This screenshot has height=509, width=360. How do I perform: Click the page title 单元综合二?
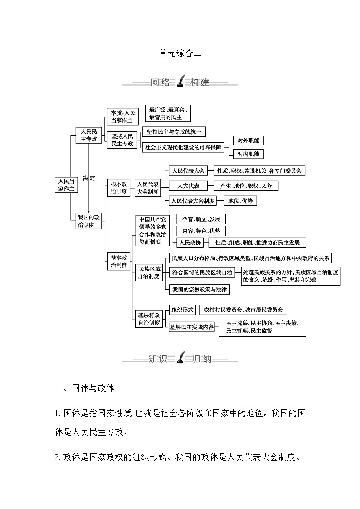coord(180,53)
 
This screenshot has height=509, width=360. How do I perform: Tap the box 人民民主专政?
coord(89,135)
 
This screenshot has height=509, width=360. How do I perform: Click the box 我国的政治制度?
coord(89,221)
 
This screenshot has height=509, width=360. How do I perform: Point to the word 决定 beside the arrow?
coord(89,178)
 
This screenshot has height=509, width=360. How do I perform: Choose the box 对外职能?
coord(248,141)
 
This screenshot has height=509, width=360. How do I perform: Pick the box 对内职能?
coord(248,154)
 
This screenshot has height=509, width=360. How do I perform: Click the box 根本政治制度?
coord(118,188)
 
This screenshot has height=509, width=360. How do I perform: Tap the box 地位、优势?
coord(240,200)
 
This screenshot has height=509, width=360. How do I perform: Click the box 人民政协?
coord(190,242)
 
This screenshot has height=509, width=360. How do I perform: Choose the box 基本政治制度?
coord(118,262)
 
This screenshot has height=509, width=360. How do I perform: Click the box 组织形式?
coord(182,310)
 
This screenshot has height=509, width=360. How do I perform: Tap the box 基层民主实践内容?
coord(192,326)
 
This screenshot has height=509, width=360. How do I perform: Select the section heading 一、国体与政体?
coord(84,388)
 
